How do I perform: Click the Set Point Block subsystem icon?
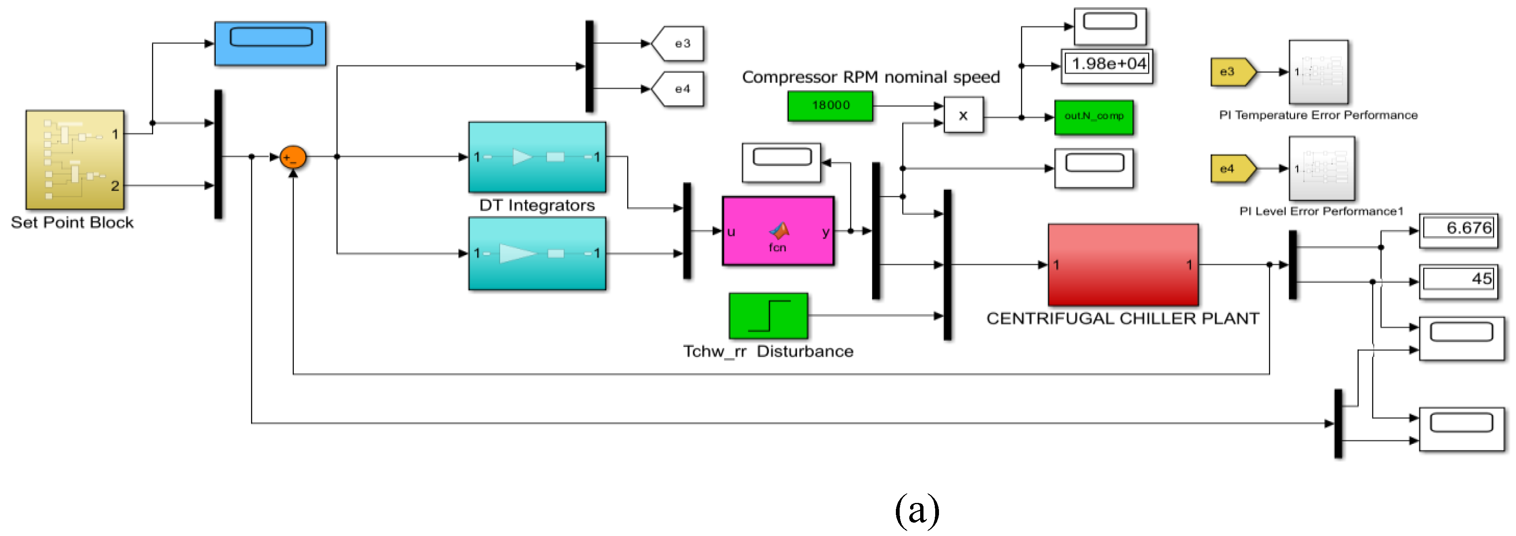coord(75,159)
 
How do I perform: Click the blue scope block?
coord(270,44)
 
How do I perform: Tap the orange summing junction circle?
coord(292,157)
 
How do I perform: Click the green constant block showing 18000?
coord(830,106)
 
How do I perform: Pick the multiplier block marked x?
coord(963,116)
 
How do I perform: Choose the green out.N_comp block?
coord(1093,117)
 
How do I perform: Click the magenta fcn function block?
coord(778,231)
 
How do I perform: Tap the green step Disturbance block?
coord(768,316)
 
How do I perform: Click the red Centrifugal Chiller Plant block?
coord(1123,265)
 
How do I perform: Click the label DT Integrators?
coord(537,206)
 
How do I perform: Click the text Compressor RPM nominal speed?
coord(870,77)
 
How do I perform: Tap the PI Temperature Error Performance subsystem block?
coord(1318,72)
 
